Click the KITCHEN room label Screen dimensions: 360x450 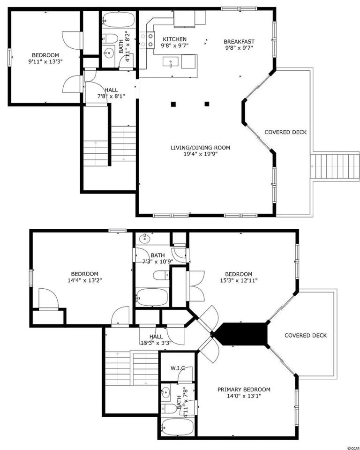174,39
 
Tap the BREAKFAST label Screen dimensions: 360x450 239,42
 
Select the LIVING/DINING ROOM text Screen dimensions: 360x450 200,148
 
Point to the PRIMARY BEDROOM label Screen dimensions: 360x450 244,390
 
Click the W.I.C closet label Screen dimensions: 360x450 177,368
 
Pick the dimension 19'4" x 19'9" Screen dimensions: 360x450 200,154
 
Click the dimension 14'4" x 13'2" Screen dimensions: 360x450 85,280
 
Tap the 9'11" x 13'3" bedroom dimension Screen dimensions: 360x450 45,61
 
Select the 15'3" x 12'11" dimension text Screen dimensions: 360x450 239,280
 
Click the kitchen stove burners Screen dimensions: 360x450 147,40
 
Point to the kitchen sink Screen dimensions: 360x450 171,62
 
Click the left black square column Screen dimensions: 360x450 173,104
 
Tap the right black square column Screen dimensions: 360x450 207,104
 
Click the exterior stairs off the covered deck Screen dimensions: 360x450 335,167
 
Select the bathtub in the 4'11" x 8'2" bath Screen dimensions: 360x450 119,19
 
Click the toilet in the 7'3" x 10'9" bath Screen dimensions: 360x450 161,276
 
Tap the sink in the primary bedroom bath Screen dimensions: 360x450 165,392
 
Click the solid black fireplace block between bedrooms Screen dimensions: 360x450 241,334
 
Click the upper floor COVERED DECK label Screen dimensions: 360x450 306,336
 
